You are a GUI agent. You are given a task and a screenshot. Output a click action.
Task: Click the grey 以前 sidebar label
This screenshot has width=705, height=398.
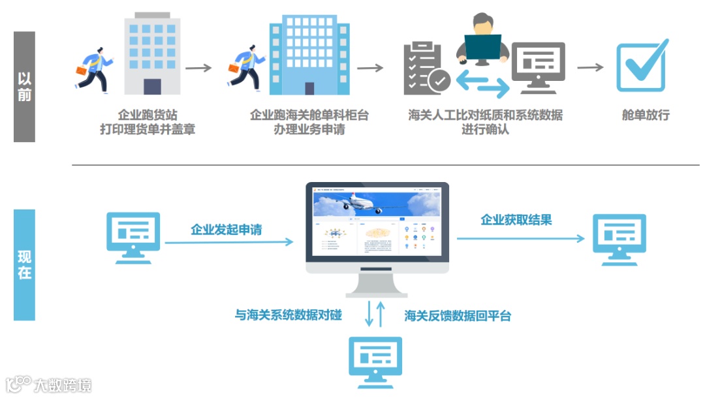click(24, 87)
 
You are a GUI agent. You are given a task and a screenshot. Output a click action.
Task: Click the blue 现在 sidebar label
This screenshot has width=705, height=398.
click(24, 265)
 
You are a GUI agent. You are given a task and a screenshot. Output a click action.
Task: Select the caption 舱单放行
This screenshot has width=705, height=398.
click(646, 115)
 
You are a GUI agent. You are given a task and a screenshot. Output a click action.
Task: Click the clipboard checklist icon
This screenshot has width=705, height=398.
click(424, 68)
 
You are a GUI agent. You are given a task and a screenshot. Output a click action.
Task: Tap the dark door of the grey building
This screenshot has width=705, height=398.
click(152, 87)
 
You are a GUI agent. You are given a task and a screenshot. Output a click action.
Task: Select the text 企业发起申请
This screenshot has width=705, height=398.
click(227, 230)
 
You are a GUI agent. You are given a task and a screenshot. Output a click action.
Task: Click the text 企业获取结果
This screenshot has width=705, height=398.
click(516, 220)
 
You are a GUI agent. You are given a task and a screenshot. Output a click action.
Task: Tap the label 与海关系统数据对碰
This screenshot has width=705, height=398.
click(289, 316)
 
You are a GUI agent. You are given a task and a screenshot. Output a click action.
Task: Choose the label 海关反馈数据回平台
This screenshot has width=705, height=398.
click(458, 316)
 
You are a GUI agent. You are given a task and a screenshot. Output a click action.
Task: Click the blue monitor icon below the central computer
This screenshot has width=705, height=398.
click(375, 361)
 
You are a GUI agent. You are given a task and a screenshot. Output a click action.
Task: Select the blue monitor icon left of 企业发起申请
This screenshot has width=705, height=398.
click(133, 237)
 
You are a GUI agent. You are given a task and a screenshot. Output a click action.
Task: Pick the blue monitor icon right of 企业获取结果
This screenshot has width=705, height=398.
click(619, 239)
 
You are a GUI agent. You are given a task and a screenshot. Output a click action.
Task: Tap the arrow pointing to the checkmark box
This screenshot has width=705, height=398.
click(590, 67)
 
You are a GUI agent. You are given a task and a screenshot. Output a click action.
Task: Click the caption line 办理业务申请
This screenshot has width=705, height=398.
click(309, 129)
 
